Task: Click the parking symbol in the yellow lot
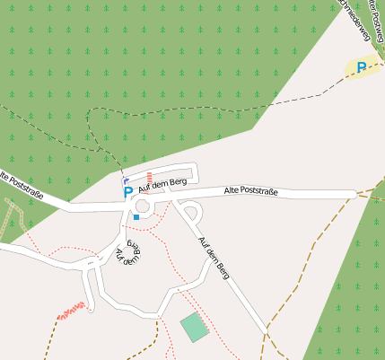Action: coord(362,67)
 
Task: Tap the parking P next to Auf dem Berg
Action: coord(127,192)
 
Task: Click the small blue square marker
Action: coord(136,216)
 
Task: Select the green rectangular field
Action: coord(194,327)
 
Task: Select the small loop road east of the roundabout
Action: coord(191,214)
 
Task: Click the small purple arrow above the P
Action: coord(125,180)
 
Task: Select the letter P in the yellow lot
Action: coord(362,67)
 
